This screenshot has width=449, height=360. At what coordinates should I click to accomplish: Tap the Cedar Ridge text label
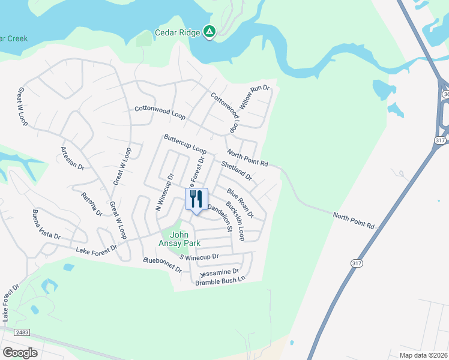(x=178, y=32)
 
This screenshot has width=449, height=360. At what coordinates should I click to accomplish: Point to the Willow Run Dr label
(x=255, y=97)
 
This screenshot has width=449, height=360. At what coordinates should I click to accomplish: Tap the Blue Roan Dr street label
(x=240, y=203)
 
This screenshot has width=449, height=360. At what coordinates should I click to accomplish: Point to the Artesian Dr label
(x=73, y=157)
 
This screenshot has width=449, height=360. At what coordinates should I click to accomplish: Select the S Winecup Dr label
(x=200, y=257)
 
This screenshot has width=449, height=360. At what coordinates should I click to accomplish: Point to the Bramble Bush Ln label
(x=220, y=280)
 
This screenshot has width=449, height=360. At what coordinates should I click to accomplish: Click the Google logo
(x=20, y=352)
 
